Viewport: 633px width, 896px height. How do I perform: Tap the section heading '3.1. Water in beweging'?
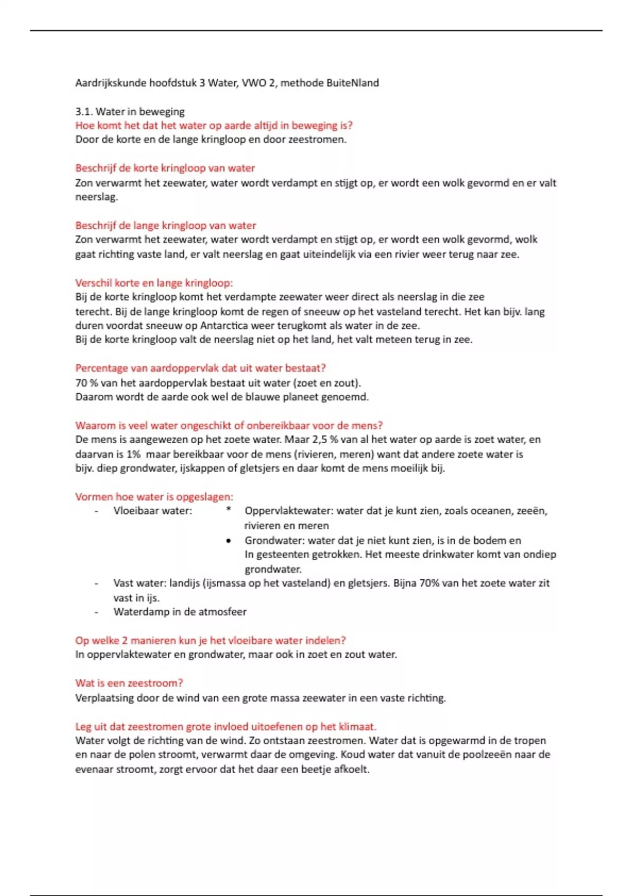(130, 112)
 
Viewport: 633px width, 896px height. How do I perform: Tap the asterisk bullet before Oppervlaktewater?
(228, 510)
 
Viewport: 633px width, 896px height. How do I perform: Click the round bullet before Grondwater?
(228, 541)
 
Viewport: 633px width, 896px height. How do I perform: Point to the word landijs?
(184, 583)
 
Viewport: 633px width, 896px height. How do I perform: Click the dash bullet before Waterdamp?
(96, 612)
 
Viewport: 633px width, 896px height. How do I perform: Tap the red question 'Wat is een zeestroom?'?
(129, 683)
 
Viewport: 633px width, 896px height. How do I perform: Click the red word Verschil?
(93, 283)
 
